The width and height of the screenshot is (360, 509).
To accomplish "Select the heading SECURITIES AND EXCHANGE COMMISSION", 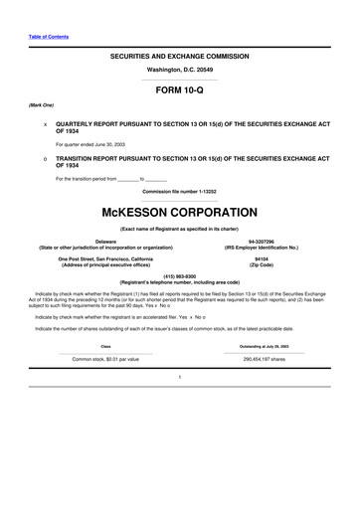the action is [179, 59].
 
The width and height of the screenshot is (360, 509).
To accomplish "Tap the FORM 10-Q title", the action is [179, 89].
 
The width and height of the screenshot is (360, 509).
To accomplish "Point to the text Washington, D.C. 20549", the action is [179, 72].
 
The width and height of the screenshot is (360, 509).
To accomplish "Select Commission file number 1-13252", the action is [179, 190].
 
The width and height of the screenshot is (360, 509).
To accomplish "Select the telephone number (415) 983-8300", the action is [179, 277].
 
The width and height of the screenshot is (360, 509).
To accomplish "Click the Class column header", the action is [105, 345].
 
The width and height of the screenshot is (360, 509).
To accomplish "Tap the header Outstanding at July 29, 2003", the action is [259, 345].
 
